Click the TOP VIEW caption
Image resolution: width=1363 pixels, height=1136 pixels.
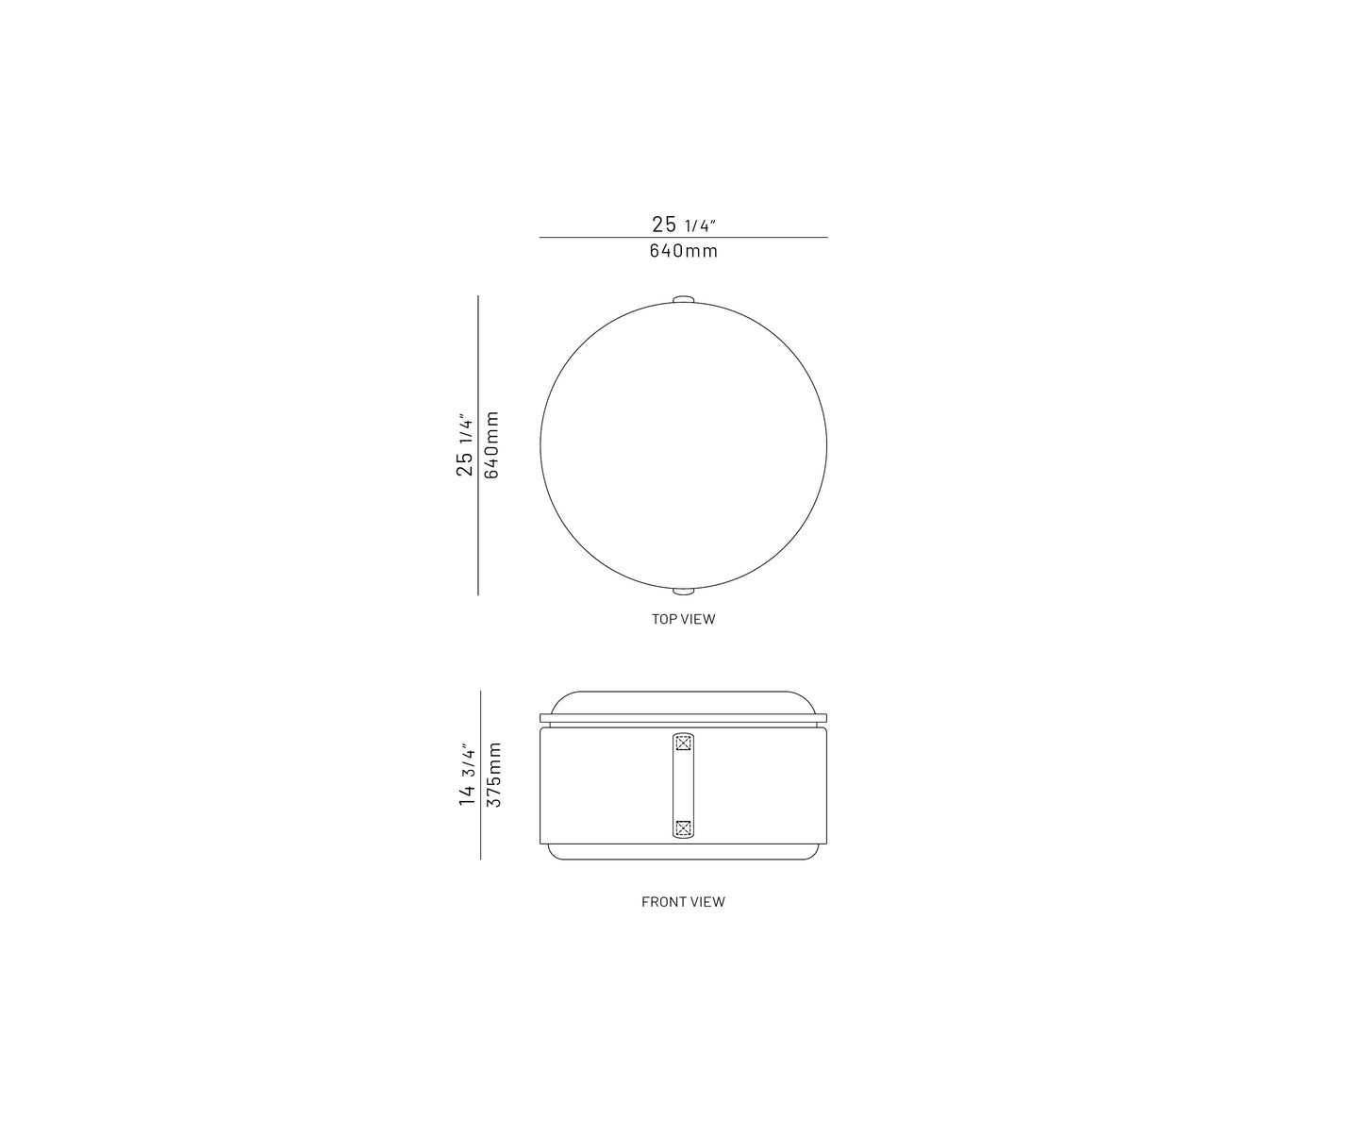[x=683, y=619]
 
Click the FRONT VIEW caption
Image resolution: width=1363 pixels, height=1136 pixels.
[x=683, y=902]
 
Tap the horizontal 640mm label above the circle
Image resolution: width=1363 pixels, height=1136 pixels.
[x=684, y=251]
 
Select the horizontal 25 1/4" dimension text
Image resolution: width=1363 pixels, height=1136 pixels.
[x=684, y=224]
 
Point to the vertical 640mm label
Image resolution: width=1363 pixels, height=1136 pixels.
[x=491, y=444]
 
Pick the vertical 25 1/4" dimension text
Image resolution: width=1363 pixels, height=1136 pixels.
[x=464, y=444]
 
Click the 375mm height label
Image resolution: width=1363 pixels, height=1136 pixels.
[x=494, y=775]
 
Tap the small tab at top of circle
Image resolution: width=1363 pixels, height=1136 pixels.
[x=684, y=299]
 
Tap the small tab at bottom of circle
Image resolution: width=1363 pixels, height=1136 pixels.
[x=684, y=592]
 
